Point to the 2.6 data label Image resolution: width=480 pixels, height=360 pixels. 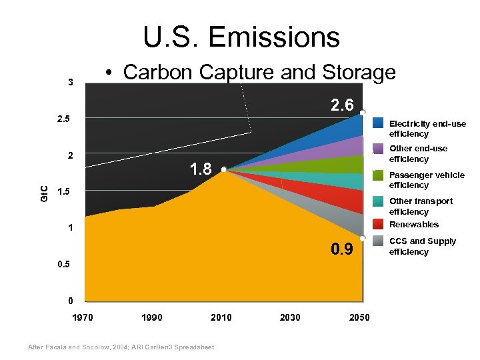[x=343, y=104]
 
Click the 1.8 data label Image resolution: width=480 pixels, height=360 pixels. [x=202, y=169]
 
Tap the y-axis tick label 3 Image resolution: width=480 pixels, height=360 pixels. [x=70, y=83]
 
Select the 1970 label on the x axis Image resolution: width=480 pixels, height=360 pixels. [x=83, y=317]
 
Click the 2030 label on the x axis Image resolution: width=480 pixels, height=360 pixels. [x=290, y=317]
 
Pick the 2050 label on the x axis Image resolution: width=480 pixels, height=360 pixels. [x=359, y=317]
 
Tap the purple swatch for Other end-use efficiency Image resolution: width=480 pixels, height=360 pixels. [x=378, y=149]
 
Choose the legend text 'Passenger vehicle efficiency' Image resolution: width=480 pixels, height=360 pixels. [x=427, y=180]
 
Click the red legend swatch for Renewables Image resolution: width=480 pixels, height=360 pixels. [x=378, y=224]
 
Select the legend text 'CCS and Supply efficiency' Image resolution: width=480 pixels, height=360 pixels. [x=423, y=246]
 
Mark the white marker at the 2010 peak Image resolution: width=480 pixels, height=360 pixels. [x=224, y=169]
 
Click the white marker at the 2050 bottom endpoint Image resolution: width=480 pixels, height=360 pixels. [x=363, y=238]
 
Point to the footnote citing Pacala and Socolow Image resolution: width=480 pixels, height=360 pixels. [x=119, y=347]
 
